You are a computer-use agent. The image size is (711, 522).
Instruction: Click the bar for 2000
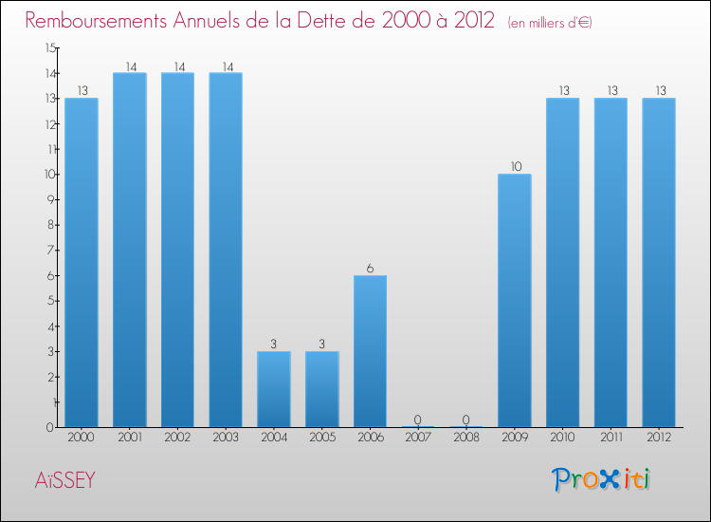(82, 262)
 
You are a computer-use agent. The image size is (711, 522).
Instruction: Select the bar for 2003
(226, 250)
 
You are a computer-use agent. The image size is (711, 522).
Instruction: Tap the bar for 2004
(274, 389)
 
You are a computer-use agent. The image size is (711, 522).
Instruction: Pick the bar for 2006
(370, 351)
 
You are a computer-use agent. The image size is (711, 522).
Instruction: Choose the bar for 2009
(515, 300)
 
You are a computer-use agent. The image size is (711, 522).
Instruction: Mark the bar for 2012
(659, 262)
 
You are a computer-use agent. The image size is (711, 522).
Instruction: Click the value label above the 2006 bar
(370, 269)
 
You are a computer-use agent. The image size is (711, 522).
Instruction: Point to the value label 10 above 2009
(515, 167)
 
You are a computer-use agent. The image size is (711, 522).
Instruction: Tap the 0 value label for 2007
(418, 419)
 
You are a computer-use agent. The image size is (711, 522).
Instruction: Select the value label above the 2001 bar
(130, 66)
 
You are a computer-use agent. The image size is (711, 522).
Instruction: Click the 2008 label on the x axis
(466, 438)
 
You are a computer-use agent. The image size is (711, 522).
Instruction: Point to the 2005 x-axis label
(322, 438)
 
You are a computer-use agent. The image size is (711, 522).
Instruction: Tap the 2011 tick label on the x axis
(611, 438)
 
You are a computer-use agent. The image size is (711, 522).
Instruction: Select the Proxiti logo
(602, 479)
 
